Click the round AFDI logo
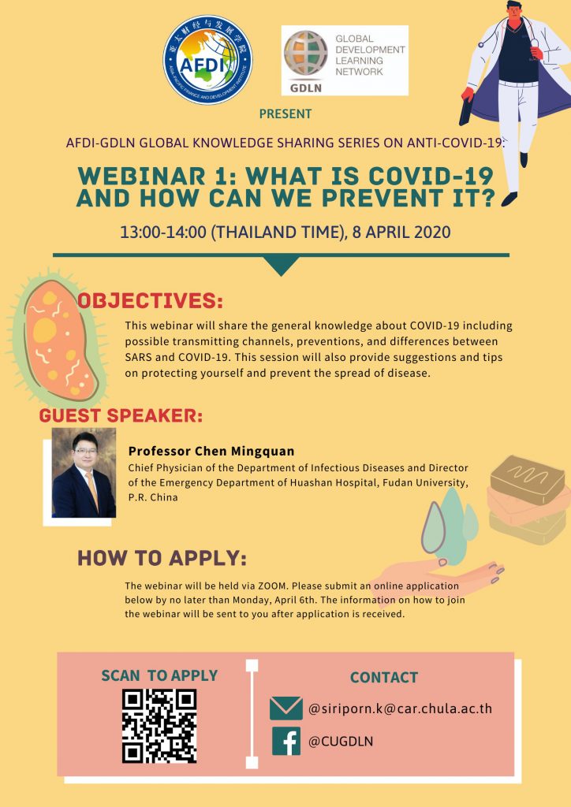click(x=207, y=60)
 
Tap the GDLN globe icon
click(x=306, y=53)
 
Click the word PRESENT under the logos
click(x=285, y=113)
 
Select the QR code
click(x=159, y=726)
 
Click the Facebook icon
click(x=285, y=741)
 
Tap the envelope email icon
click(x=285, y=708)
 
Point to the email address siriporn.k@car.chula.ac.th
click(x=400, y=708)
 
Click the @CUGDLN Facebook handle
click(x=341, y=742)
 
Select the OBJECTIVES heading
click(x=150, y=301)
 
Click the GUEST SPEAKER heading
click(x=121, y=416)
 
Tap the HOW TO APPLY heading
click(x=162, y=559)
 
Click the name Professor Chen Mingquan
click(x=211, y=452)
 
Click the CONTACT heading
click(x=383, y=677)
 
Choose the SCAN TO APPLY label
click(x=159, y=675)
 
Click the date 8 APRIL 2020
click(x=401, y=232)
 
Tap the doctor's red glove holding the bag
click(x=468, y=95)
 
